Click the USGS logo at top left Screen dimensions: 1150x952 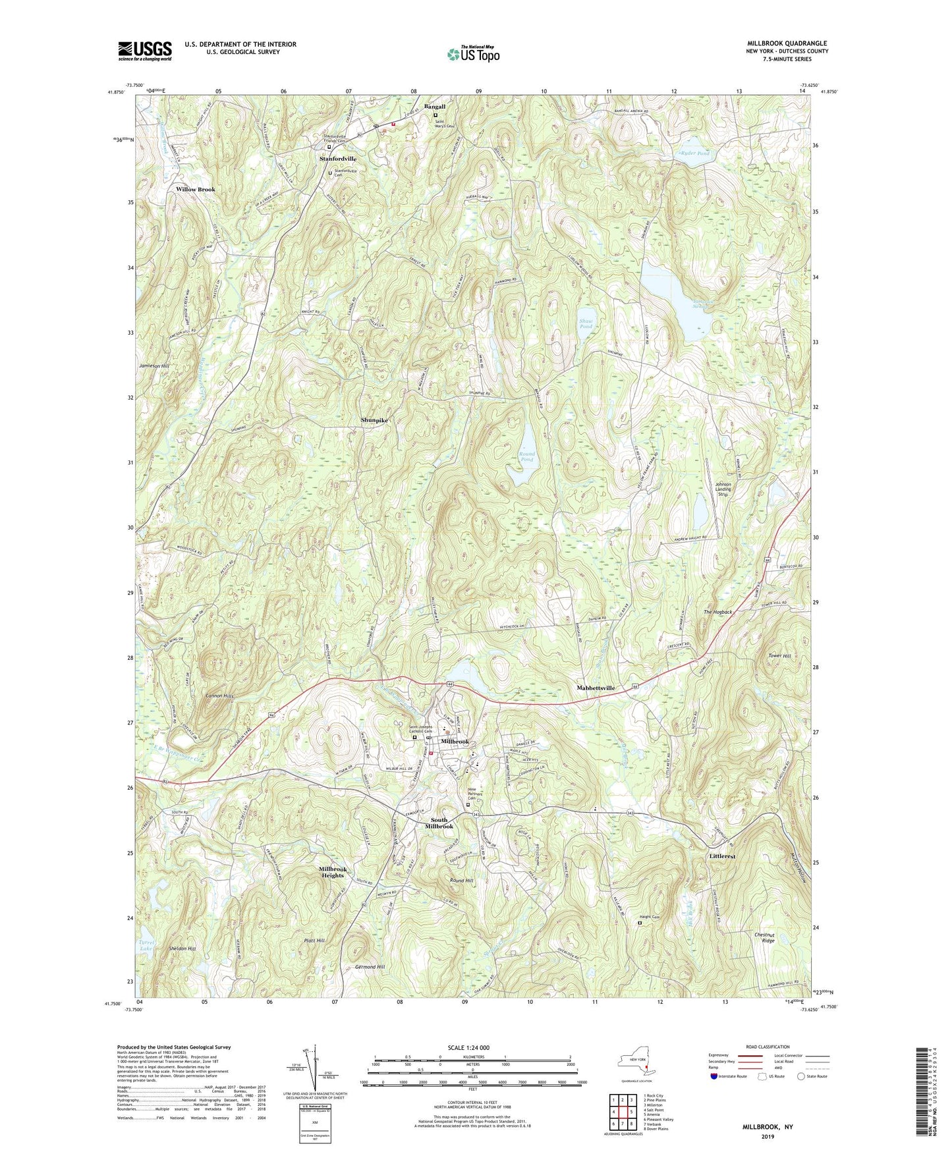coord(145,51)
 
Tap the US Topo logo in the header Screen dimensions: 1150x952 coord(472,54)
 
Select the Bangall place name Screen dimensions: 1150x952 coord(435,107)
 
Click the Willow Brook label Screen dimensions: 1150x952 coord(196,190)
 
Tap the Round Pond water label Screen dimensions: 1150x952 coord(526,456)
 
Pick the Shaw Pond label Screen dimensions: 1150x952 coord(586,323)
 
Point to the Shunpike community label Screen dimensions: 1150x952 coord(374,420)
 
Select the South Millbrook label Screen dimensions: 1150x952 coord(439,823)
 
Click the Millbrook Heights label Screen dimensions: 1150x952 coord(333,872)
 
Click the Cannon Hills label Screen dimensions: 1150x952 coord(219,696)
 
